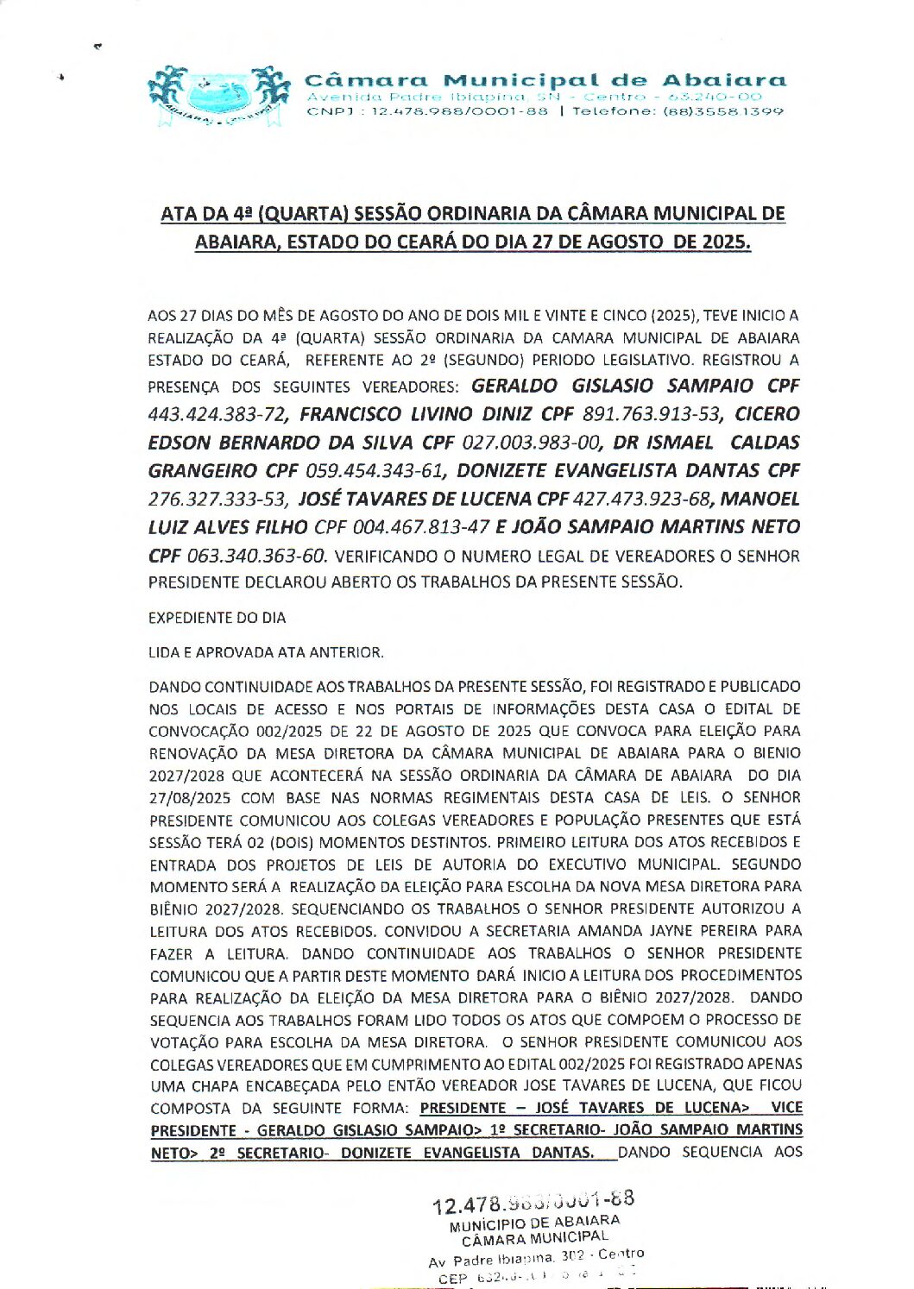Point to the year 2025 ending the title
pos(724,242)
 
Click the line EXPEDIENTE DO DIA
pos(217,618)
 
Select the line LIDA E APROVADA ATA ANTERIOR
pos(266,652)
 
